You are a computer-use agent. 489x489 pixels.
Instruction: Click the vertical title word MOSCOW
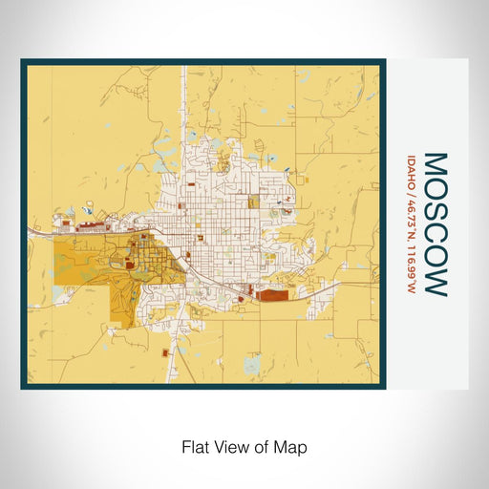click(434, 223)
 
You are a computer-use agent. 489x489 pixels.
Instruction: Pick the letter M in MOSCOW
click(434, 161)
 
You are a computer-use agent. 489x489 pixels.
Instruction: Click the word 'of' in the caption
click(262, 446)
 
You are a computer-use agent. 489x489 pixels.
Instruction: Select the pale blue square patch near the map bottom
click(251, 365)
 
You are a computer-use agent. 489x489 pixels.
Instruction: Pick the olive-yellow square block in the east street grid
click(253, 202)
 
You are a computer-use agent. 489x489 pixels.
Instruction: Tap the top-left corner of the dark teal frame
click(23, 62)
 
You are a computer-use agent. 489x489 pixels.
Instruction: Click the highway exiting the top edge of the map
click(182, 69)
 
